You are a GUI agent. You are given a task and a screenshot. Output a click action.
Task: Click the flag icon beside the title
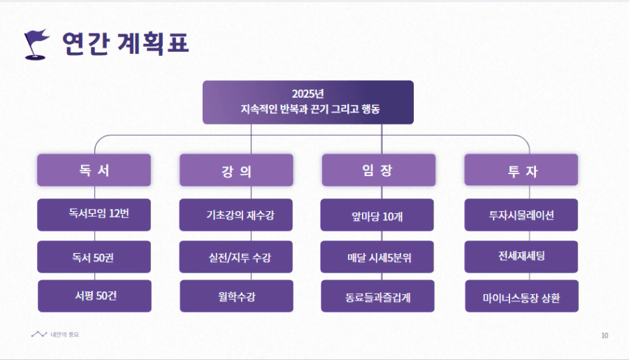(36, 44)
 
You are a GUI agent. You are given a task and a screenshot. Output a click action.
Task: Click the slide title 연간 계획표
(126, 43)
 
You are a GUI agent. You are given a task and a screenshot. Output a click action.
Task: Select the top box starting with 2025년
(308, 102)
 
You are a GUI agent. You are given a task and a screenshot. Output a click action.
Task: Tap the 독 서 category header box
(94, 170)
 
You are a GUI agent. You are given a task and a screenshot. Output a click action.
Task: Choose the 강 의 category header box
(236, 170)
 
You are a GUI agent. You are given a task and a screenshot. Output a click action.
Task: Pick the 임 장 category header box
(379, 170)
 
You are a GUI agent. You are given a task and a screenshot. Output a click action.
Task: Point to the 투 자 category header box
(521, 170)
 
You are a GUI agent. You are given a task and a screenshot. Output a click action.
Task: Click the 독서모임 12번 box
(94, 215)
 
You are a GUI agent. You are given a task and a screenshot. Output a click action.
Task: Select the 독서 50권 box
(94, 257)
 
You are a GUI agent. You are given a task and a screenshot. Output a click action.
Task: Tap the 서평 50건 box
(94, 296)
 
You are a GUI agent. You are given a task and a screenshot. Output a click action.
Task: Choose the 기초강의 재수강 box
(236, 215)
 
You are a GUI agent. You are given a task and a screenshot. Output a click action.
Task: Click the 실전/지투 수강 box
(236, 257)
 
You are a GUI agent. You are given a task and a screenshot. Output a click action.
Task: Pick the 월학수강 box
(236, 296)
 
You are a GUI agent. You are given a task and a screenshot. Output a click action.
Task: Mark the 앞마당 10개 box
(377, 215)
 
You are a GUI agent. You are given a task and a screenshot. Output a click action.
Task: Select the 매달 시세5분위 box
(377, 257)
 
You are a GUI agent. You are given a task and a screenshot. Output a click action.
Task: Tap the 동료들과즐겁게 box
(377, 296)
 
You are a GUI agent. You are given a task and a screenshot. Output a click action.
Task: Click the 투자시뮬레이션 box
(521, 215)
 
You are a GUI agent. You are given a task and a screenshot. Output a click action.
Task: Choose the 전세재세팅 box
(521, 257)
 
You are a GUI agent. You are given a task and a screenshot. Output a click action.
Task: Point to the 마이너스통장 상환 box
(521, 296)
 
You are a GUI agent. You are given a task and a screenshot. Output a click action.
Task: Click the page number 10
(605, 336)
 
